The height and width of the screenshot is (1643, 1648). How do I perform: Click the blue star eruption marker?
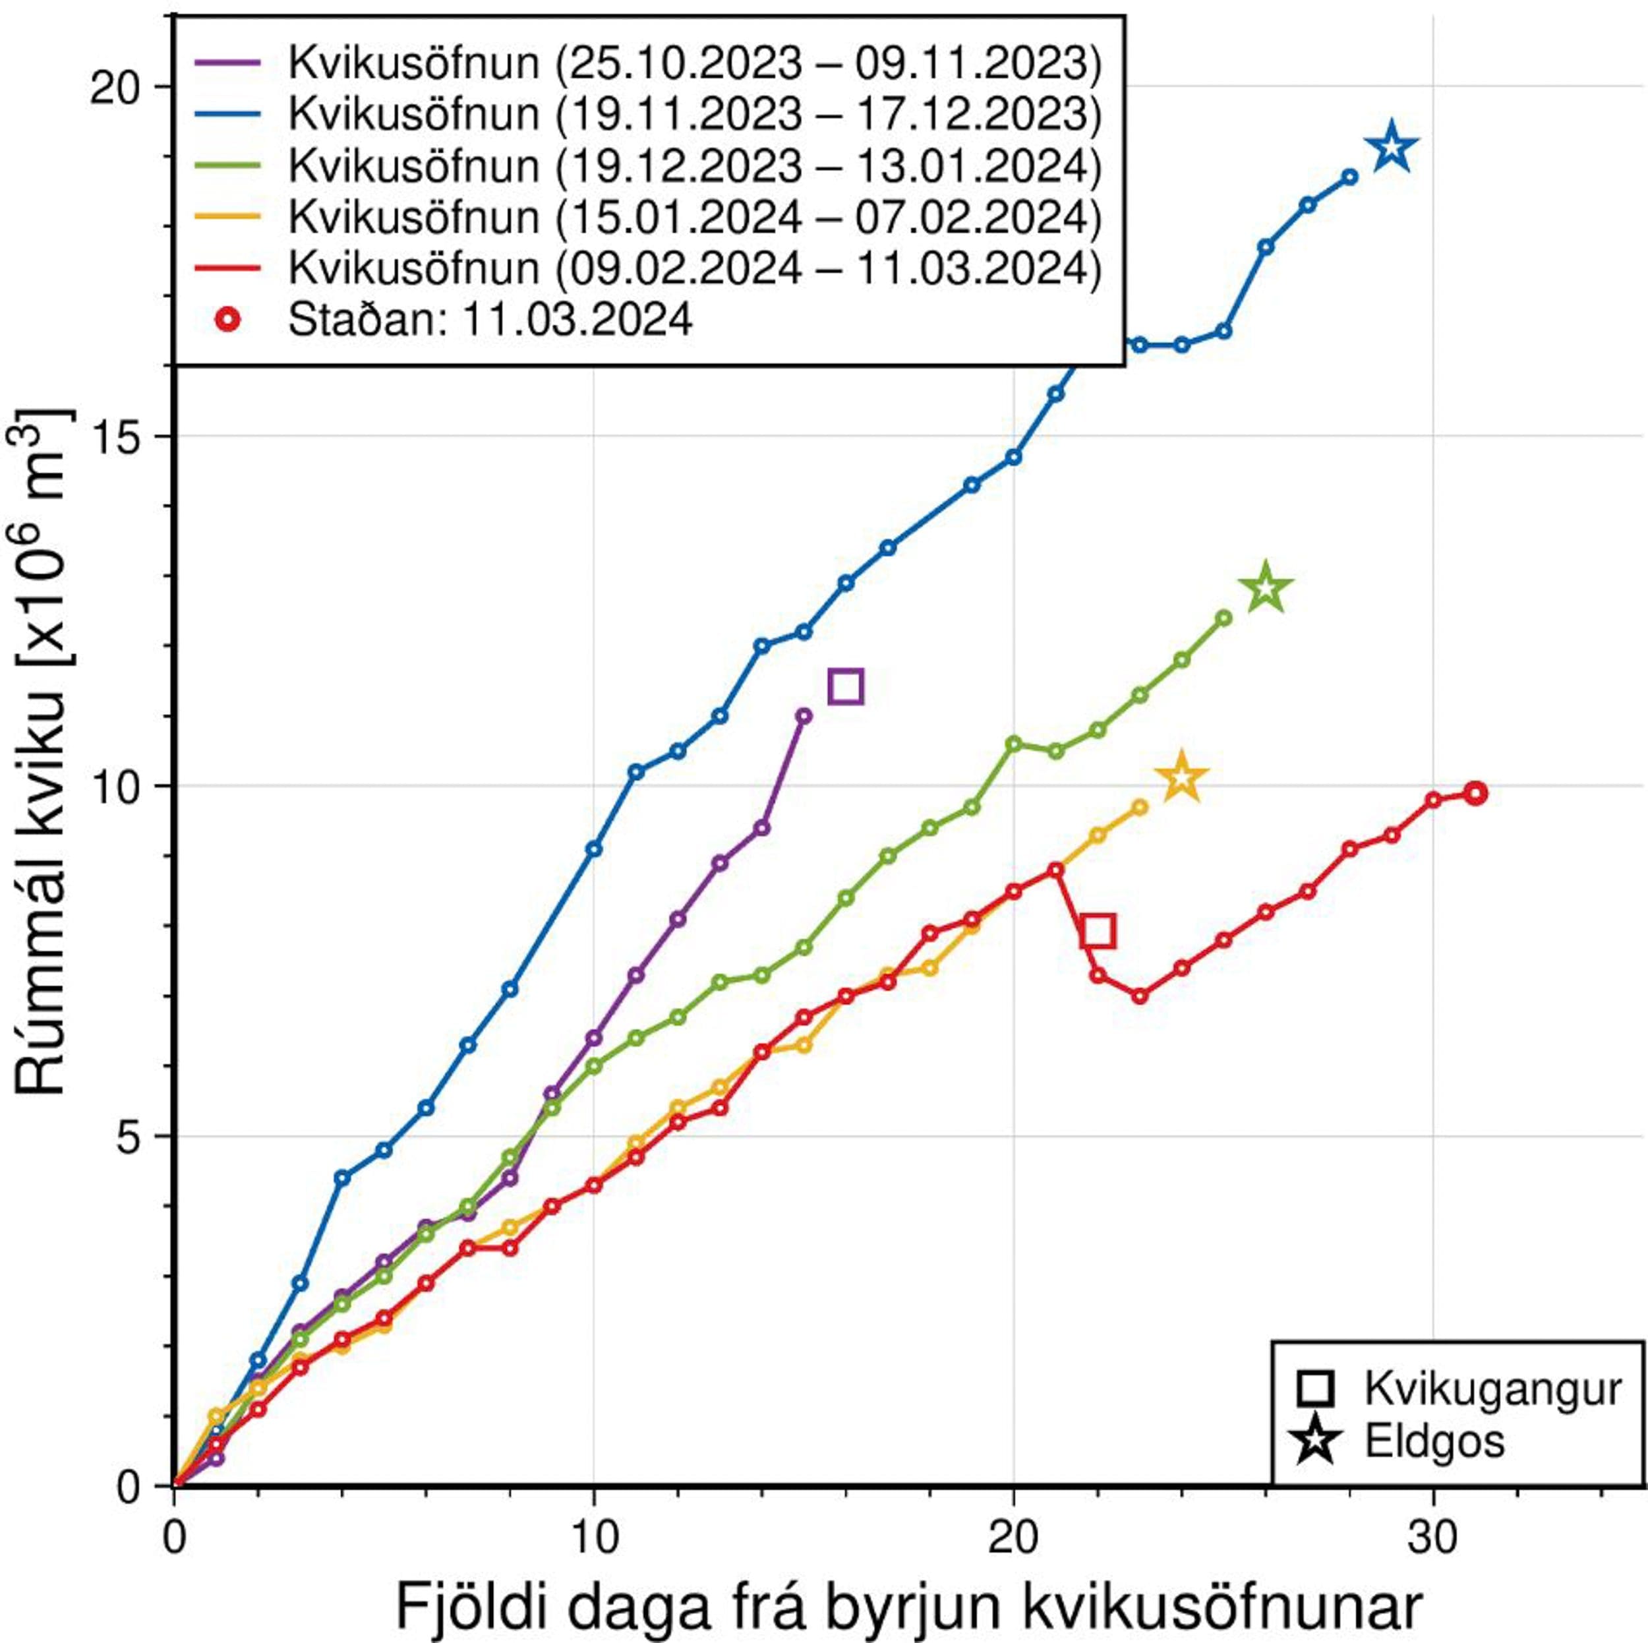click(x=1392, y=148)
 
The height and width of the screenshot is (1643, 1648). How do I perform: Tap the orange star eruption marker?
click(x=1181, y=778)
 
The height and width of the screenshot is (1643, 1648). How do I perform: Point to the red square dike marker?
click(x=1098, y=931)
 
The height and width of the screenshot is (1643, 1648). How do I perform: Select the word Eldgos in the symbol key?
click(x=1435, y=1440)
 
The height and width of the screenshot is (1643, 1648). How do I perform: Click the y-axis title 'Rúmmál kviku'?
click(x=43, y=751)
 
